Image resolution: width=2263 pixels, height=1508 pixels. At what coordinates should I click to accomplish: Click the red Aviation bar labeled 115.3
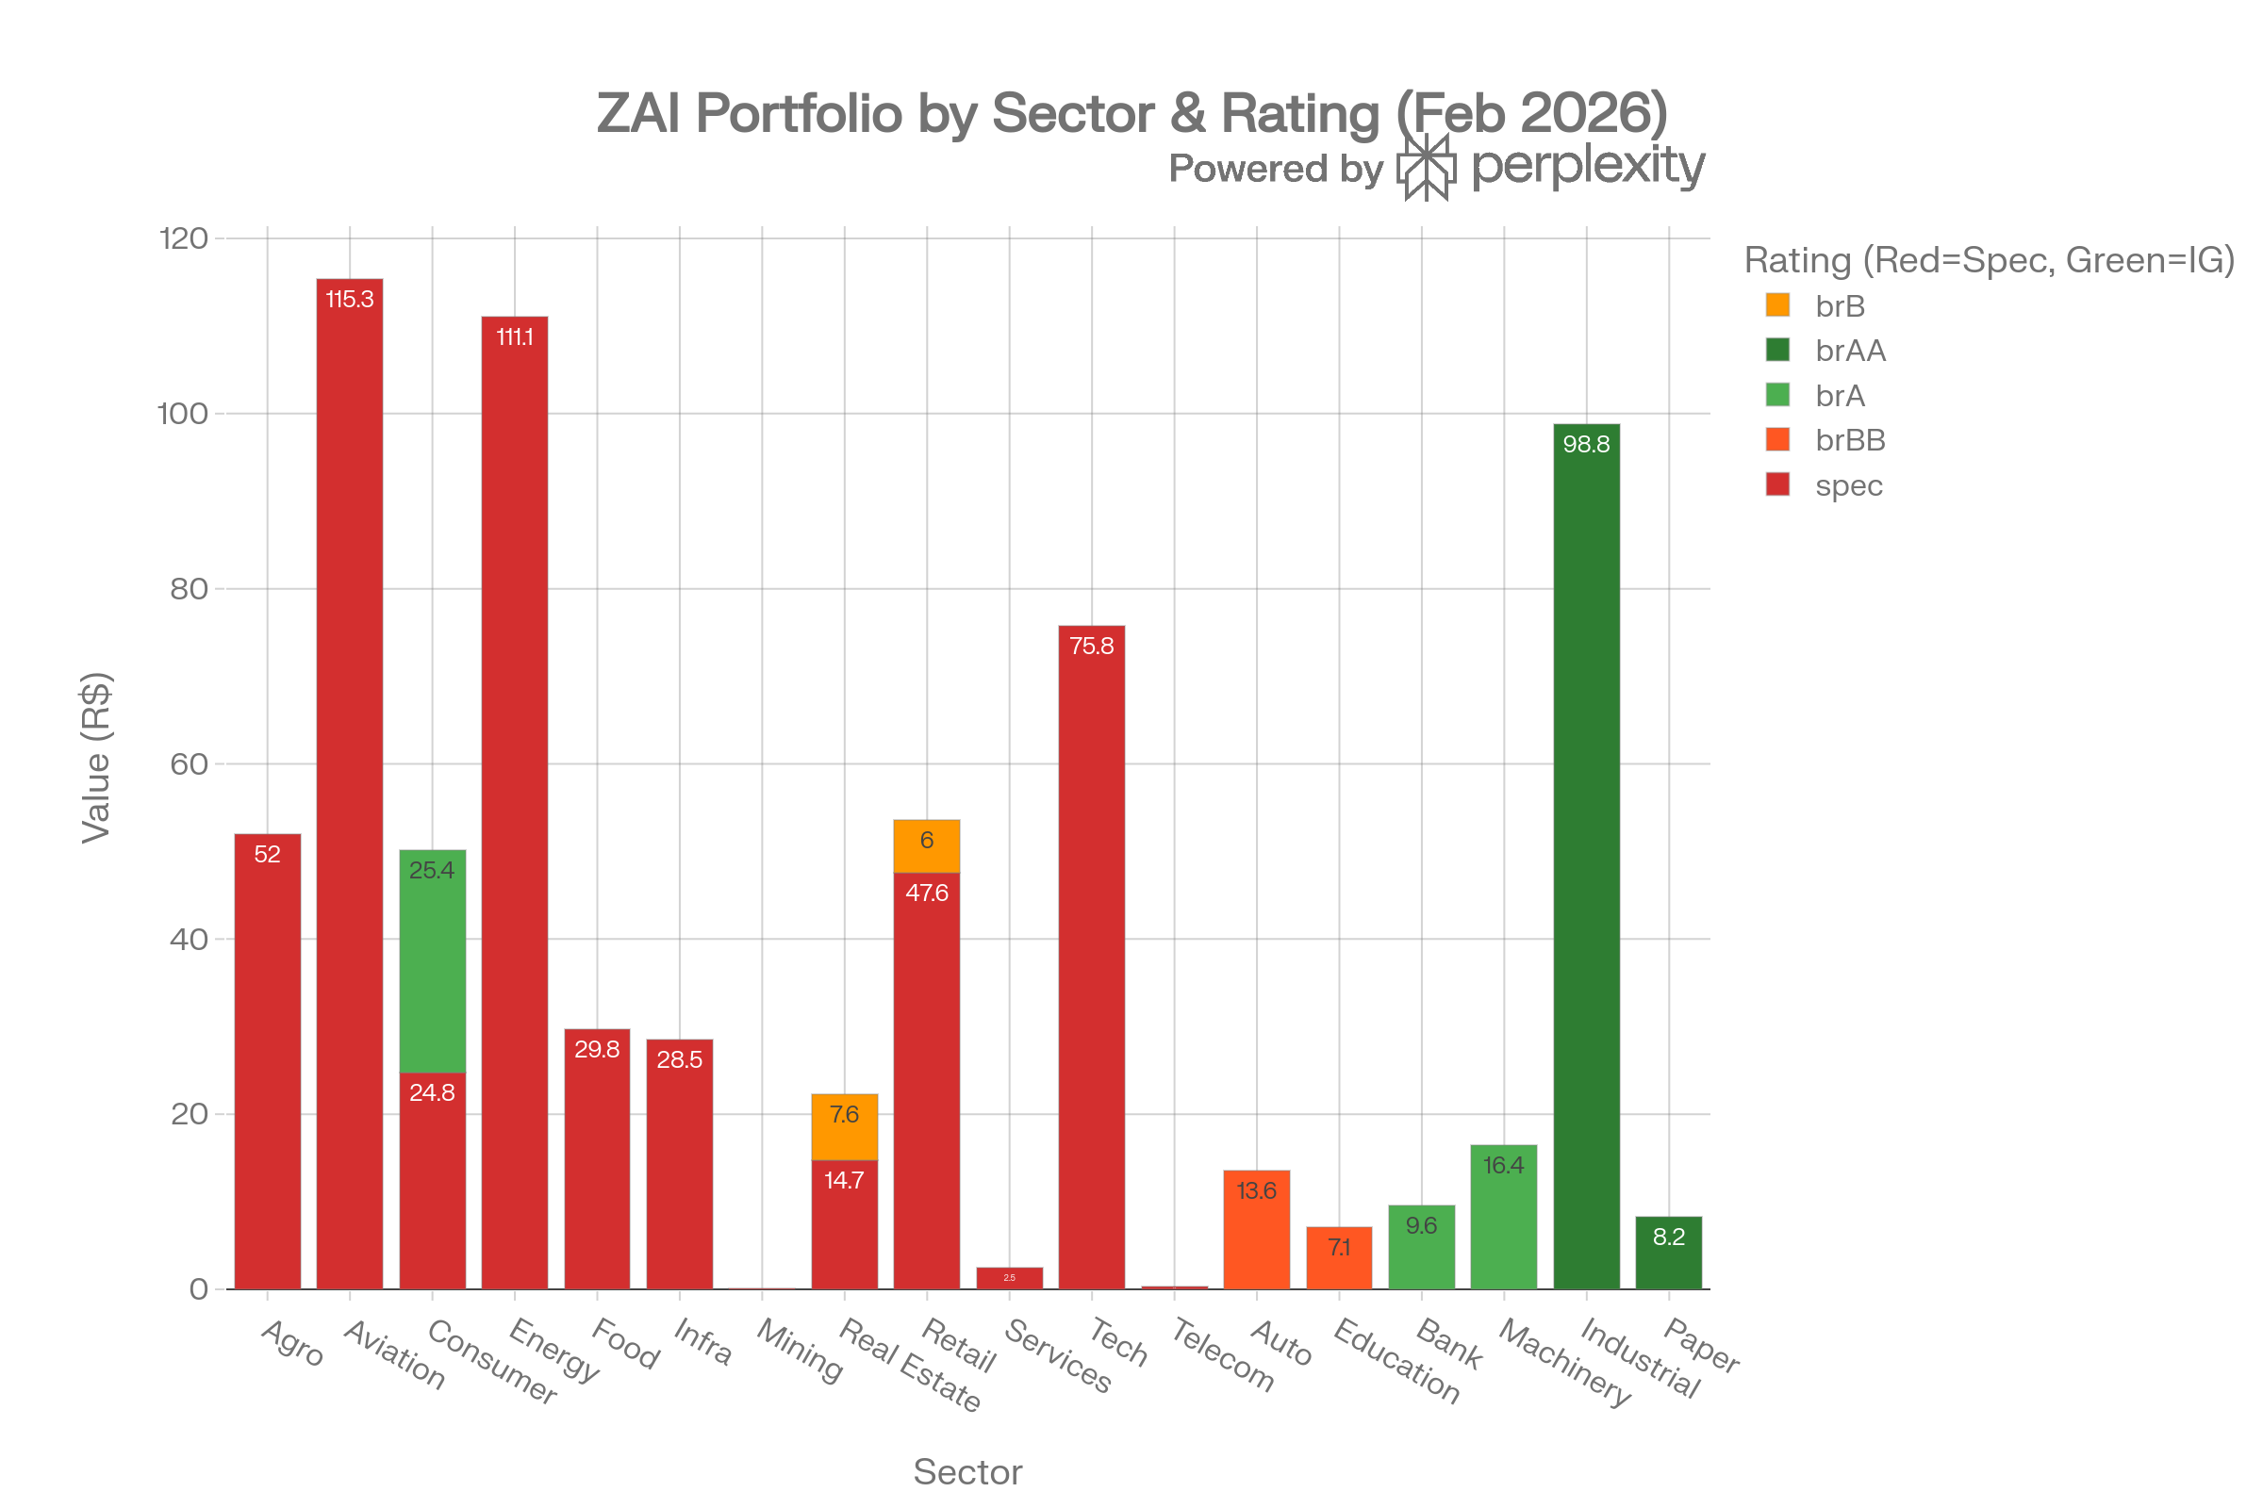tap(349, 784)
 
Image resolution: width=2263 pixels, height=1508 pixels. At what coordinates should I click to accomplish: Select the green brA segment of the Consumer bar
tap(432, 960)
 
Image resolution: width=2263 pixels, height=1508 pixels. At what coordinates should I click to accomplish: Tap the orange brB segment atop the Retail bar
tap(927, 846)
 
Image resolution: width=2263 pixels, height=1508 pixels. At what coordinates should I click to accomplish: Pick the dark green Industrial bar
tap(1586, 856)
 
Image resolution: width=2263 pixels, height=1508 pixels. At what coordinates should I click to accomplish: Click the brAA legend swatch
tap(1777, 350)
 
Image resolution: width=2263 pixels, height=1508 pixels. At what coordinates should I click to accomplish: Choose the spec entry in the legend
tap(1847, 485)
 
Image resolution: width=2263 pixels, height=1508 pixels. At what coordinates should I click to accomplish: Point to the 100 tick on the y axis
tap(183, 414)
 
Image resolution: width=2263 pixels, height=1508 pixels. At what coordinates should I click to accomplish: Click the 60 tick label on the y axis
tap(189, 764)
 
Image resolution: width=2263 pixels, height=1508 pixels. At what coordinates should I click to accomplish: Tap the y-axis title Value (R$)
tap(96, 757)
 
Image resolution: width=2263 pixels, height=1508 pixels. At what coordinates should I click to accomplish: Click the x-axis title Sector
tap(967, 1472)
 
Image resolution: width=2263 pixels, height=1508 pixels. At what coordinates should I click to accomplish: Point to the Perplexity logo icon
tap(1425, 168)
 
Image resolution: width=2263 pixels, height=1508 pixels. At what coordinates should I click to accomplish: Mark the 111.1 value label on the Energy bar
tap(515, 337)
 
